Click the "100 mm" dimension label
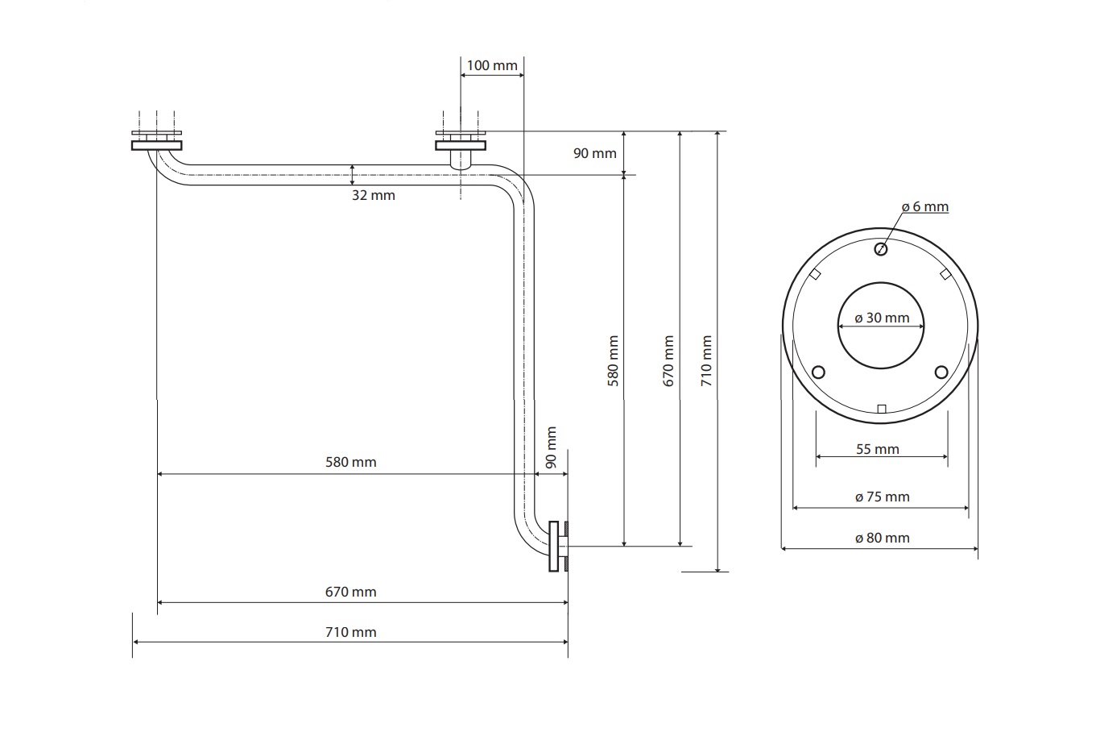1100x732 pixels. click(492, 64)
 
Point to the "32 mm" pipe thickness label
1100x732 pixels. click(374, 195)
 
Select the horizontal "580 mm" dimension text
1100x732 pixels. click(350, 462)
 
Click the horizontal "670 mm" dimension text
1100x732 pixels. click(350, 591)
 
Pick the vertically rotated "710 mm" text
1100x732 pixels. click(707, 361)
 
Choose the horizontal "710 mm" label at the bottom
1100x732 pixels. click(350, 631)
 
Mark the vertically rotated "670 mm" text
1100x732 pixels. click(668, 361)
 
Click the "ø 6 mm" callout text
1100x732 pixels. click(924, 207)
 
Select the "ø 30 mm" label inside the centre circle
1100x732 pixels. click(882, 318)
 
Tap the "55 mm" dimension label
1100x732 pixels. click(877, 449)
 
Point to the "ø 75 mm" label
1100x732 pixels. click(882, 497)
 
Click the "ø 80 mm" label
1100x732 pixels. click(882, 538)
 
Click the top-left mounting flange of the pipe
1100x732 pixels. click(157, 145)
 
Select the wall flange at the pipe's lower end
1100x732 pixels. click(554, 547)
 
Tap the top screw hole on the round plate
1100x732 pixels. click(881, 249)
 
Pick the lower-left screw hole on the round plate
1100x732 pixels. click(819, 372)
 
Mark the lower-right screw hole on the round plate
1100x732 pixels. click(941, 372)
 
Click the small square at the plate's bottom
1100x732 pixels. click(882, 409)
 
